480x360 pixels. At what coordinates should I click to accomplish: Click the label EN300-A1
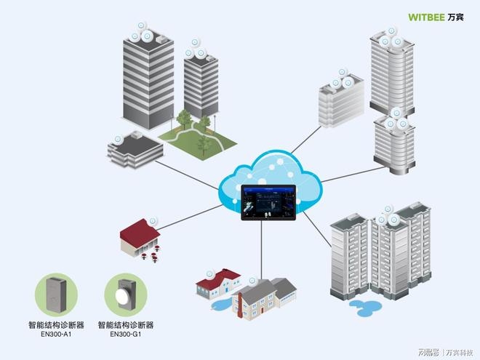(x=55, y=335)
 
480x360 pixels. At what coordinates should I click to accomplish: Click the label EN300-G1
(x=125, y=335)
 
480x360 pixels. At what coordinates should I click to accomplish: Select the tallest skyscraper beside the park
(x=148, y=76)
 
